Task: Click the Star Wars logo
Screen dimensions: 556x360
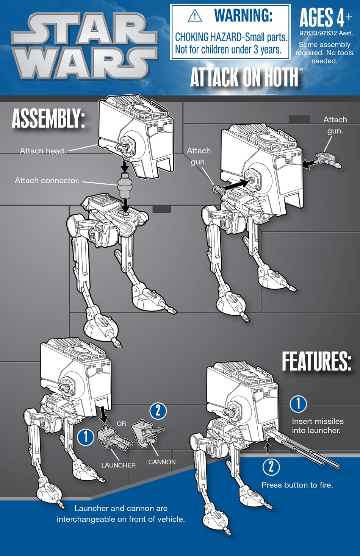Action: [84, 46]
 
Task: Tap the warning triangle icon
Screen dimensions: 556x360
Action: [195, 16]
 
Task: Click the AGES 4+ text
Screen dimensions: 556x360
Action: [325, 18]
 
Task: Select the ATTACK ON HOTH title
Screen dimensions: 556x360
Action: [244, 77]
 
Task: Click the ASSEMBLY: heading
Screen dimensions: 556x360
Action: [48, 118]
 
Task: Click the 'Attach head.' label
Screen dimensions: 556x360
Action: [43, 151]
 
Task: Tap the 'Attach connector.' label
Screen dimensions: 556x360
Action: [47, 181]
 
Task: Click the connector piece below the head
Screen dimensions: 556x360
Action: [125, 185]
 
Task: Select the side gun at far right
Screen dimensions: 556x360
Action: [329, 159]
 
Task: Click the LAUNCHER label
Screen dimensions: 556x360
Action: [118, 465]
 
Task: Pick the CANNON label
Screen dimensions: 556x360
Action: [162, 462]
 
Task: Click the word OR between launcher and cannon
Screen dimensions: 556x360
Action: [121, 424]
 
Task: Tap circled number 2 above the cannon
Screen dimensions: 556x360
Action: [158, 411]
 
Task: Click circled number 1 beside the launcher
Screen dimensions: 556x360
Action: [86, 437]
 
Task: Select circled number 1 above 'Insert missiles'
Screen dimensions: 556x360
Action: [298, 404]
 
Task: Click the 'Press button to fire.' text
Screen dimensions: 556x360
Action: [297, 485]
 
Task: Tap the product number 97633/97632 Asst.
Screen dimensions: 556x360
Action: [326, 33]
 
